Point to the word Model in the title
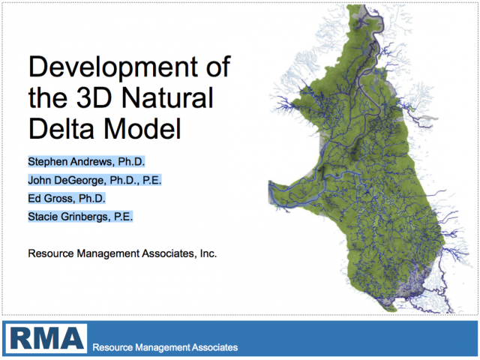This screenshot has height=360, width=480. (142, 128)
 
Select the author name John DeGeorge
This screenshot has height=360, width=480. (66, 180)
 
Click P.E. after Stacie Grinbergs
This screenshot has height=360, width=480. (123, 217)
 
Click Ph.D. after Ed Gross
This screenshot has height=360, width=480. (91, 198)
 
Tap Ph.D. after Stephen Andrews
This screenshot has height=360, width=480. (131, 162)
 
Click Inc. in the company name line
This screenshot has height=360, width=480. (208, 253)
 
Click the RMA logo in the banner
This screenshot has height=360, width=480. (46, 338)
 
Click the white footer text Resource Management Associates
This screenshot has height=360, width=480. (165, 347)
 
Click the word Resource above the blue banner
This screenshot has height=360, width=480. (51, 253)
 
